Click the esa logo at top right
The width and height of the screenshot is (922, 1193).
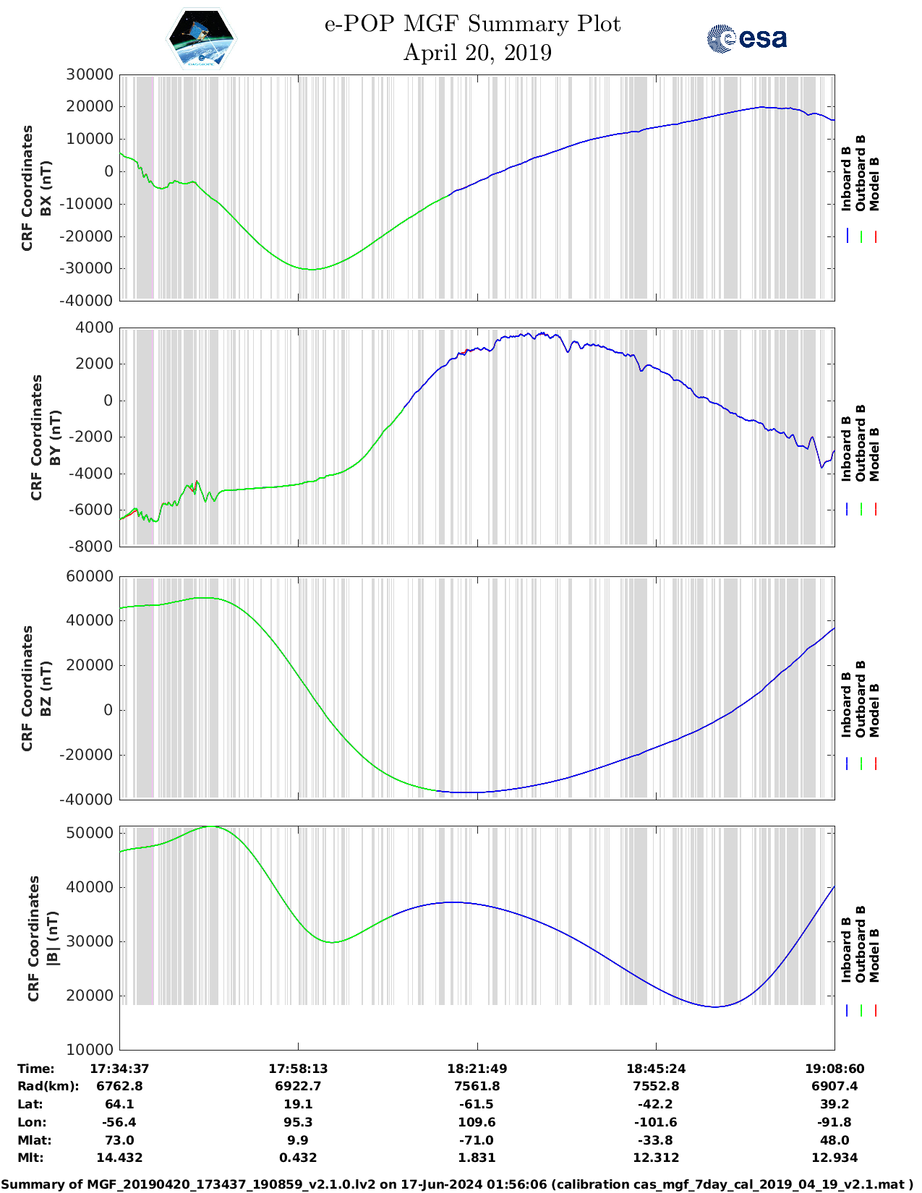747,38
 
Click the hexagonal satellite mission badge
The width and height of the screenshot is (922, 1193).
202,38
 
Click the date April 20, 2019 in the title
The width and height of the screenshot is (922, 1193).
477,53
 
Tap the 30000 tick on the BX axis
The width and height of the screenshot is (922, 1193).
90,74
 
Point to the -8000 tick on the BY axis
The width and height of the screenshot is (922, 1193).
91,547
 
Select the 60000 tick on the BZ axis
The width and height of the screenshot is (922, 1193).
90,576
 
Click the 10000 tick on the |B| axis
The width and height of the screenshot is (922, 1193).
90,1050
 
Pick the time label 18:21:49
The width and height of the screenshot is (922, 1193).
477,1069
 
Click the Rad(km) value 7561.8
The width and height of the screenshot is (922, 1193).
477,1086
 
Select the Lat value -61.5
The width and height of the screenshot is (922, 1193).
477,1104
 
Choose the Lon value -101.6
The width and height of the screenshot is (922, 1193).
656,1122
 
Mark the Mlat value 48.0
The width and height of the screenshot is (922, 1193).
835,1140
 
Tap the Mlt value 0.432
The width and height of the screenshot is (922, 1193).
298,1158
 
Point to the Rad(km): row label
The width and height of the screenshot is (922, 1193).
48,1086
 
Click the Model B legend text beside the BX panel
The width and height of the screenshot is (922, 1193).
874,184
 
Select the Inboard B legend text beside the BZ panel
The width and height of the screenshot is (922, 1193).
846,705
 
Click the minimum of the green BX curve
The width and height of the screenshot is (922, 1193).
312,270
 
